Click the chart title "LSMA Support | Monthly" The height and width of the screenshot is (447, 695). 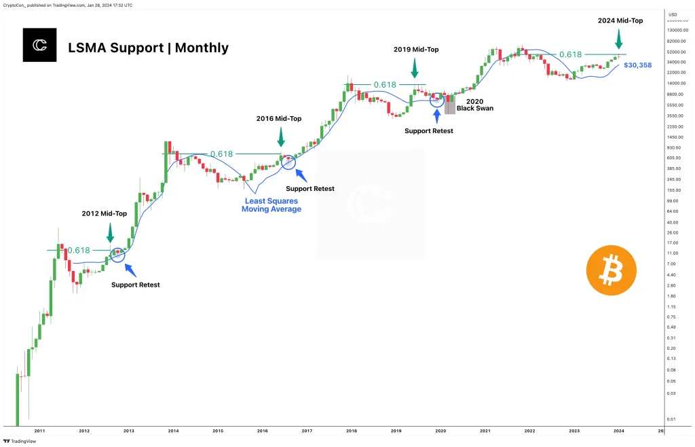click(x=149, y=48)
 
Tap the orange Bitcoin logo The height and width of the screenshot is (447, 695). click(x=611, y=270)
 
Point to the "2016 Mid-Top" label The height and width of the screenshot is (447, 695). click(x=279, y=118)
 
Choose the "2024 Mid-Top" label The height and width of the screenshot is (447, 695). click(x=620, y=20)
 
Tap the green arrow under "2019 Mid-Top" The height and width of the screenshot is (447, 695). click(x=414, y=69)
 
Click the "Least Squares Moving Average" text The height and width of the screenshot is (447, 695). click(x=271, y=204)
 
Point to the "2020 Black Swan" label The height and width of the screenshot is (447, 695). click(x=474, y=104)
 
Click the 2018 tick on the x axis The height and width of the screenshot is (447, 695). click(x=351, y=431)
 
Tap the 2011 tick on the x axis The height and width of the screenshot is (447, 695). click(x=39, y=431)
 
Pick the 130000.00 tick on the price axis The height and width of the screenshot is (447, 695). click(x=676, y=31)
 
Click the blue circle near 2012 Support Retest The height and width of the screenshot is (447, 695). click(x=117, y=255)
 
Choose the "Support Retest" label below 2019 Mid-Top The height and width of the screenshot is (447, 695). click(x=429, y=130)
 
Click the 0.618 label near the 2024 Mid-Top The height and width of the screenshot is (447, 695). click(x=570, y=54)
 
